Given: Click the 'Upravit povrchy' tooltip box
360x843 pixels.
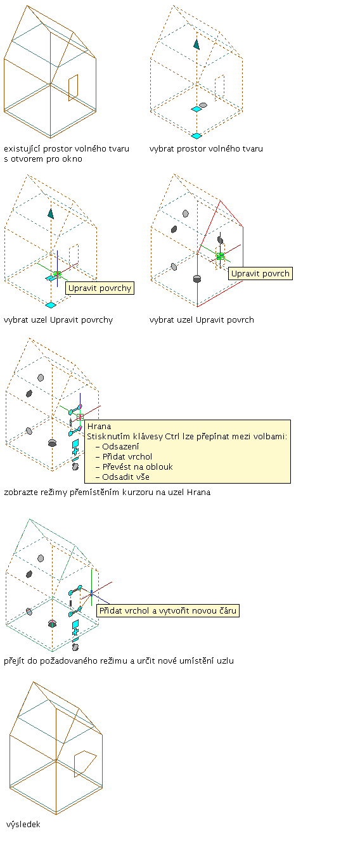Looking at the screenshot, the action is pos(100,288).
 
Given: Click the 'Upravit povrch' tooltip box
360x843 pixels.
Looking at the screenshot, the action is pos(260,273).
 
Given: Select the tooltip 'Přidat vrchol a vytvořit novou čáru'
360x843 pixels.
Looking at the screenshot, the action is pos(168,610).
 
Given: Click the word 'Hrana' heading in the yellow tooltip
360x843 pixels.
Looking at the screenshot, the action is pos(99,427).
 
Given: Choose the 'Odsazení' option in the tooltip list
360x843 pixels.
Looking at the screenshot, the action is pos(120,447).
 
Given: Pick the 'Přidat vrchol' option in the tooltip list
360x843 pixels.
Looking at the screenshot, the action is pos(127,457).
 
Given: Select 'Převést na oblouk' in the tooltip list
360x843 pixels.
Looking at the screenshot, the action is pos(138,467).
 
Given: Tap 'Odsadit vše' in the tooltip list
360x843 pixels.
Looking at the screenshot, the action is pos(125,477).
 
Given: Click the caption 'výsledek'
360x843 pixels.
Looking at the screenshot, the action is pos(23,824).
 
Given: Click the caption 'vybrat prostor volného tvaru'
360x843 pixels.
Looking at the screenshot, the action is pos(206,149).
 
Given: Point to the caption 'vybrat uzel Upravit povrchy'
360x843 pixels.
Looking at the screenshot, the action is pos(58,320).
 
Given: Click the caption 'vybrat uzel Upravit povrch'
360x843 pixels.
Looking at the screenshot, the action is pos(202,320).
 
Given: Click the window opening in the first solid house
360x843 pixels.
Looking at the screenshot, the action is pos(74,87).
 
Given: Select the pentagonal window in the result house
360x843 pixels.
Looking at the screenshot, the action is pos(85,763).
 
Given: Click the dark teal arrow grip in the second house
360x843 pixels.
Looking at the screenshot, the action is pos(196,44).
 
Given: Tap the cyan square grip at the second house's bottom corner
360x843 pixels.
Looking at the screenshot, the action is pos(196,136).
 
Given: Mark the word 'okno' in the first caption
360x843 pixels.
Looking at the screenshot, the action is pos(72,159).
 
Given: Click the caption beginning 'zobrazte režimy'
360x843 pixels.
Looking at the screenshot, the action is pos(107,492).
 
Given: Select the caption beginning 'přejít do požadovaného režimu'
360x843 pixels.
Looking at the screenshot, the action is pos(119,661).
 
